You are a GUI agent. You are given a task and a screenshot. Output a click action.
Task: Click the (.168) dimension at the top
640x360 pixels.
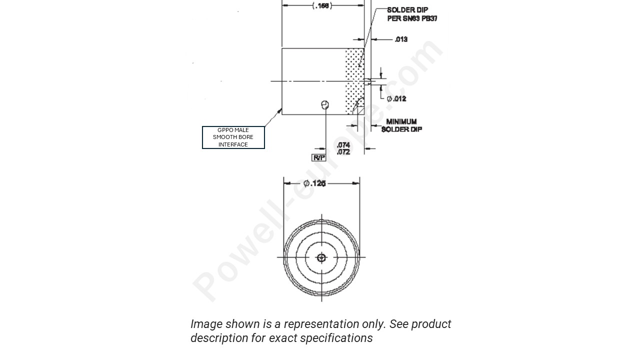click(x=322, y=6)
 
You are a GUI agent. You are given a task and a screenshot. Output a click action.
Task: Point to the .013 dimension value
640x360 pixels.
click(x=401, y=39)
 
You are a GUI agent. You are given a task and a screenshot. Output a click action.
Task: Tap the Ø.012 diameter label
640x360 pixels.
click(x=396, y=98)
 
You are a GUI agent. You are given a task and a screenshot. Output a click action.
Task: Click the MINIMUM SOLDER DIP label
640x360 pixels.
click(x=401, y=125)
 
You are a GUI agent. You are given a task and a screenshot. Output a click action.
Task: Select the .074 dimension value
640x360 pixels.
click(x=343, y=145)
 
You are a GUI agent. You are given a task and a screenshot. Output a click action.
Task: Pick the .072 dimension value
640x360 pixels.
click(x=343, y=152)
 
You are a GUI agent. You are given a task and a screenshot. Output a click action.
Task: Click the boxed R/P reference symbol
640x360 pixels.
click(x=318, y=158)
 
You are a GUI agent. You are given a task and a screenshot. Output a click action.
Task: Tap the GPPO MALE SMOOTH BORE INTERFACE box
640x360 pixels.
click(x=233, y=137)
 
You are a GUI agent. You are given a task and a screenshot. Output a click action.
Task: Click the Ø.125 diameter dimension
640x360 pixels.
click(x=314, y=183)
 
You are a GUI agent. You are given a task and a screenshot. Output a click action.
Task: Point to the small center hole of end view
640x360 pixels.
click(x=321, y=258)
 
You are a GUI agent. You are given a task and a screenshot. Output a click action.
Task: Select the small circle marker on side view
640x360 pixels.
click(x=325, y=104)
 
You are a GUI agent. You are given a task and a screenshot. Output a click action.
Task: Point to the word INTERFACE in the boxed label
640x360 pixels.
click(x=233, y=144)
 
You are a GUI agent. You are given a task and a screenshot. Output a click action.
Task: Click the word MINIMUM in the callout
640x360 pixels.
click(x=401, y=121)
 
